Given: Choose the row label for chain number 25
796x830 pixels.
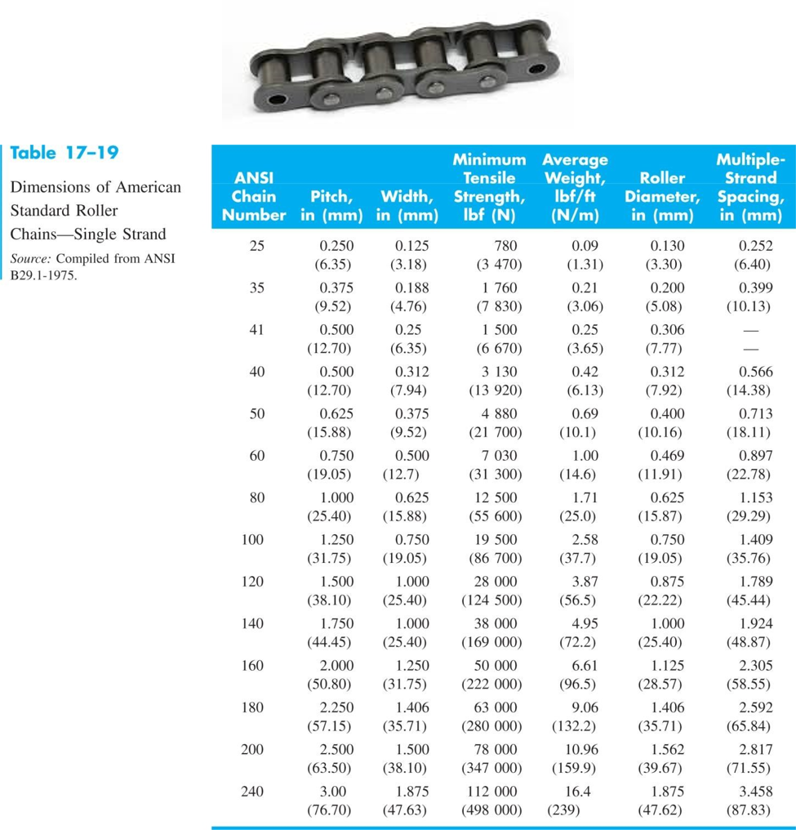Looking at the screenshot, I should pyautogui.click(x=256, y=246).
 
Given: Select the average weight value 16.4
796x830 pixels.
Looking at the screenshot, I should pyautogui.click(x=581, y=792).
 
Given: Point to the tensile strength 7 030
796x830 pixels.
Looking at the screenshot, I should pyautogui.click(x=496, y=456).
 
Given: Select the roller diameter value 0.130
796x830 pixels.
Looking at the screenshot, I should pyautogui.click(x=668, y=246).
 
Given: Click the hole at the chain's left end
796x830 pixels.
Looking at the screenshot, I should pyautogui.click(x=275, y=99).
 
